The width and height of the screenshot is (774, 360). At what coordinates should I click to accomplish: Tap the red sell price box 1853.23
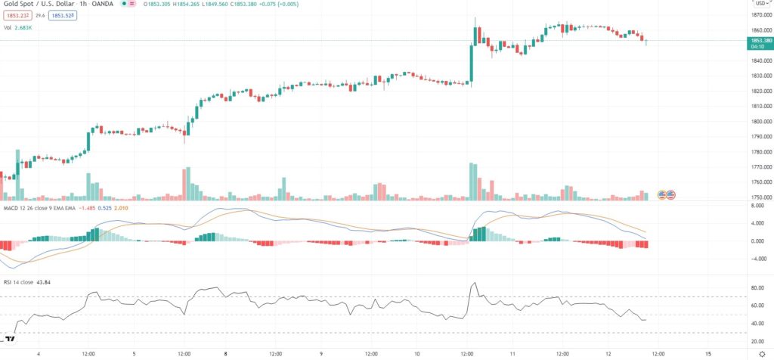coord(17,14)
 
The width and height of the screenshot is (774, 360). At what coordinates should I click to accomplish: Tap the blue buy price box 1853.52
coord(64,14)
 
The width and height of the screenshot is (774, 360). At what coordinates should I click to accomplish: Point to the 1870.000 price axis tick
coord(756,15)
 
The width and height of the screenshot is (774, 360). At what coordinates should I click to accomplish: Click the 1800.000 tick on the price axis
coord(756,121)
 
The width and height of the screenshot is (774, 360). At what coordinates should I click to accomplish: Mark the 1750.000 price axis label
coord(756,197)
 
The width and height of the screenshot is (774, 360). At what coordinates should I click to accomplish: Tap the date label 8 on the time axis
coord(226,353)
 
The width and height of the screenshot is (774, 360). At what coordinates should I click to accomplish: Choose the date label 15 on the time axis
coord(707,353)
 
